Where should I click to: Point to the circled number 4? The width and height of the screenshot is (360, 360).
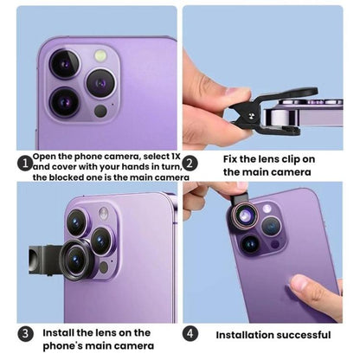coord(191,334)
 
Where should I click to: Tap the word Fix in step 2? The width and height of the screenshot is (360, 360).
coord(232,157)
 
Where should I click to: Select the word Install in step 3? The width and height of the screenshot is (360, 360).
coord(61,332)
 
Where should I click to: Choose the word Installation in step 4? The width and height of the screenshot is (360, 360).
coord(241,335)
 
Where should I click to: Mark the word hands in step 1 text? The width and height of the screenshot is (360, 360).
coord(135,166)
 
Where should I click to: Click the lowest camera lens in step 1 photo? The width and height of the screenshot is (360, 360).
coord(66,102)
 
